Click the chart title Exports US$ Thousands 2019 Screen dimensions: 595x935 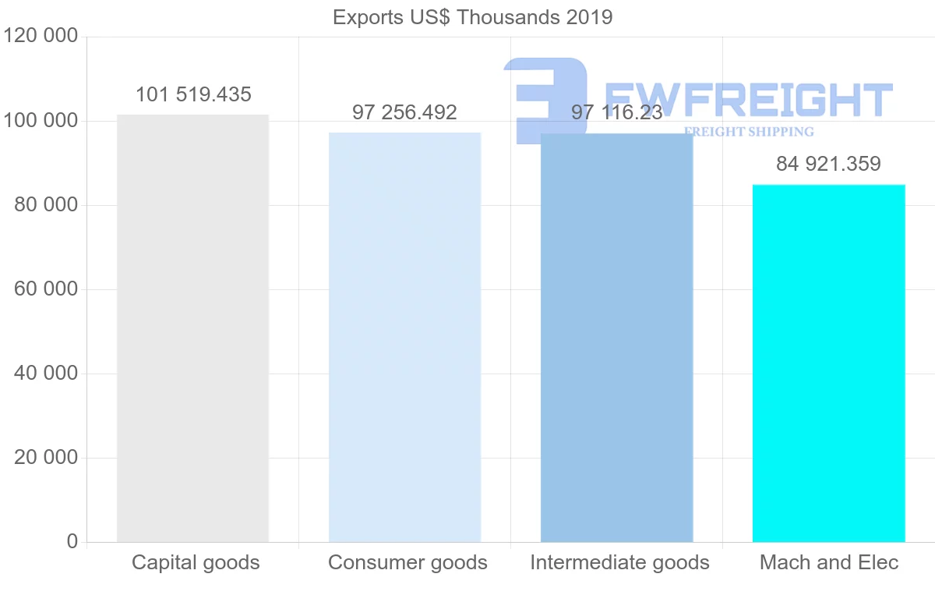point(472,17)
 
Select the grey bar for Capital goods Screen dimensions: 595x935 point(192,328)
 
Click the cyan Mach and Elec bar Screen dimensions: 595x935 point(828,363)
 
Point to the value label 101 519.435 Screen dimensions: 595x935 point(193,95)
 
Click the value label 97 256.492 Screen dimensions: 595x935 point(404,112)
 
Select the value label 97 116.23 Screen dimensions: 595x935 point(616,112)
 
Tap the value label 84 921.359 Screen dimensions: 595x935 point(828,165)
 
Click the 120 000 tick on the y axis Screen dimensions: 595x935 point(41,37)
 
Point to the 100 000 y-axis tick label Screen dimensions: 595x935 point(41,121)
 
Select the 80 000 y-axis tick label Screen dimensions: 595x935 point(46,205)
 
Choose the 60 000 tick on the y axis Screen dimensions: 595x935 point(46,289)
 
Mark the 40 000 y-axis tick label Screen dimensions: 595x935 point(46,374)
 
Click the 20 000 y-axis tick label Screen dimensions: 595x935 point(46,458)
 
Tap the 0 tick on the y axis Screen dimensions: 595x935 point(72,542)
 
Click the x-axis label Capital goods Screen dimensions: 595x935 point(196,562)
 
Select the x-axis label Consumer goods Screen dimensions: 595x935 point(408,562)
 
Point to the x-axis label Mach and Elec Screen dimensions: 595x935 point(829,562)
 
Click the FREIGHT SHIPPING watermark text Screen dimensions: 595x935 point(748,132)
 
